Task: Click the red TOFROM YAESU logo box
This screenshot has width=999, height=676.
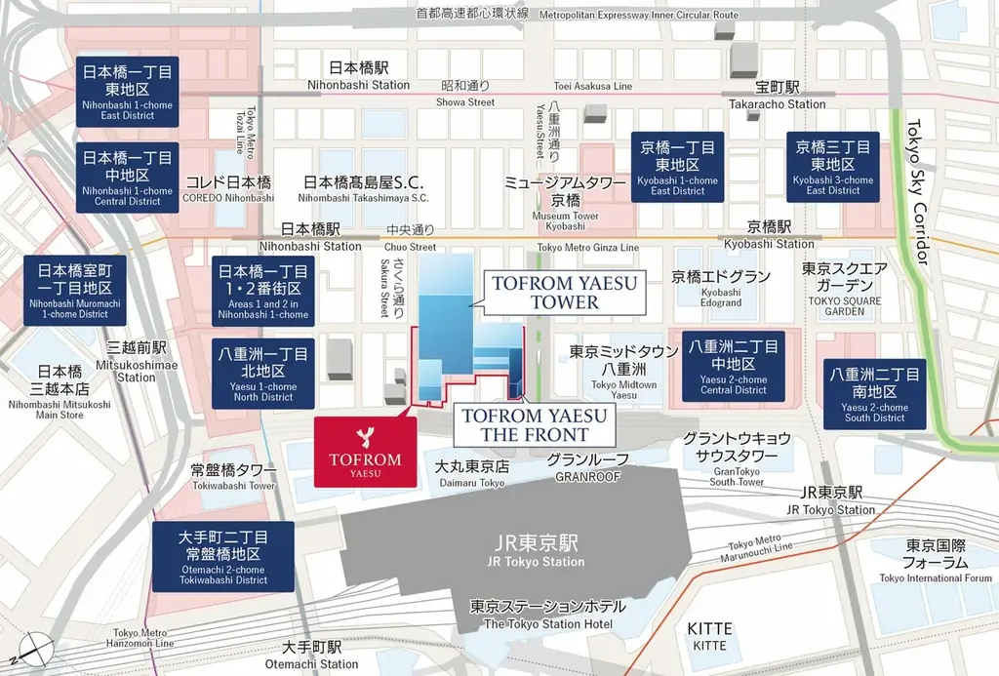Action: (x=364, y=451)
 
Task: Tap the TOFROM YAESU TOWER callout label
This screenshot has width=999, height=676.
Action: (x=564, y=293)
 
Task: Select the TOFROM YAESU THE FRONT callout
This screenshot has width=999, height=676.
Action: (x=535, y=425)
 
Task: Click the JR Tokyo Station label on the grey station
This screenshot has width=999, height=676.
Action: (x=536, y=551)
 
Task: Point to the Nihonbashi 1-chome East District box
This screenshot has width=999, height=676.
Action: (x=128, y=92)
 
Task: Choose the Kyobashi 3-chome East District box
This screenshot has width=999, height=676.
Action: (x=833, y=168)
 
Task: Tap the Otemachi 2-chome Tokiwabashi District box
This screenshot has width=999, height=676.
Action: (x=223, y=557)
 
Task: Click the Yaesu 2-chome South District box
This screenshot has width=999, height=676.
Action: (x=874, y=394)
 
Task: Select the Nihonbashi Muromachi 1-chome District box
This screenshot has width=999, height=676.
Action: (x=75, y=290)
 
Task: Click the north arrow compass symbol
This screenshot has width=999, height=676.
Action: (x=35, y=648)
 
